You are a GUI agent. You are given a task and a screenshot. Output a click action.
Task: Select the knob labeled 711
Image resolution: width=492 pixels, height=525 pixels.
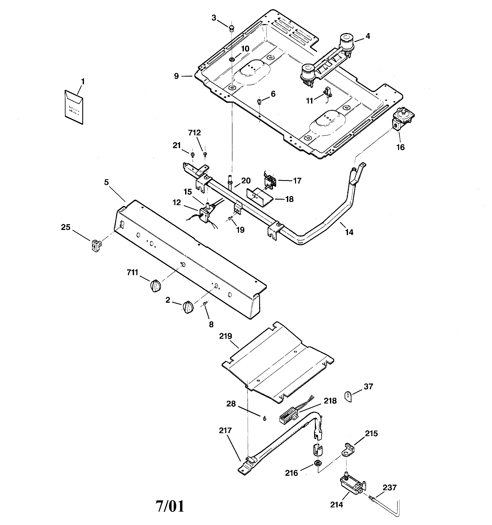[155, 286]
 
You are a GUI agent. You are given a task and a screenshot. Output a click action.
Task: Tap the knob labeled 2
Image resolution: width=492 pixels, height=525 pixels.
[188, 307]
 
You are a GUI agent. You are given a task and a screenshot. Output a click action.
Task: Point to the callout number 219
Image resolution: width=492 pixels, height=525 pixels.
[225, 336]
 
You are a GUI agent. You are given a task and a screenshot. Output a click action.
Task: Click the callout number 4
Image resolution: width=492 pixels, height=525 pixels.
[368, 36]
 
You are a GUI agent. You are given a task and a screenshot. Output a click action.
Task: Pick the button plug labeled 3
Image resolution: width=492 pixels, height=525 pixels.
[232, 27]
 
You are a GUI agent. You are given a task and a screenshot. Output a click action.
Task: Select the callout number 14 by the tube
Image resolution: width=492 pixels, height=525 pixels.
[349, 232]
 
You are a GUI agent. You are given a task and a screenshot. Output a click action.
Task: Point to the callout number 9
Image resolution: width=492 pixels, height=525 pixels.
[176, 76]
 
